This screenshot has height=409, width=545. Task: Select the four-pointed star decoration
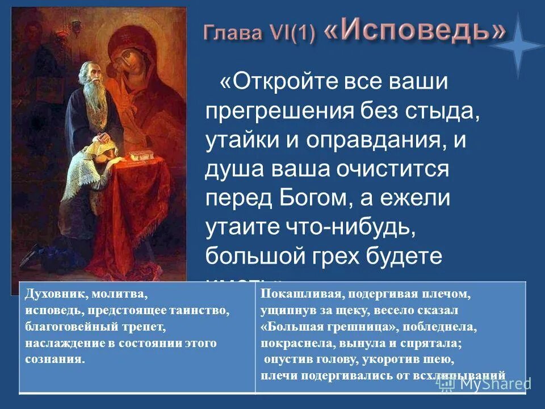pyautogui.click(x=516, y=48)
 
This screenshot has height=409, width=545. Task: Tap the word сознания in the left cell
pyautogui.click(x=54, y=359)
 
